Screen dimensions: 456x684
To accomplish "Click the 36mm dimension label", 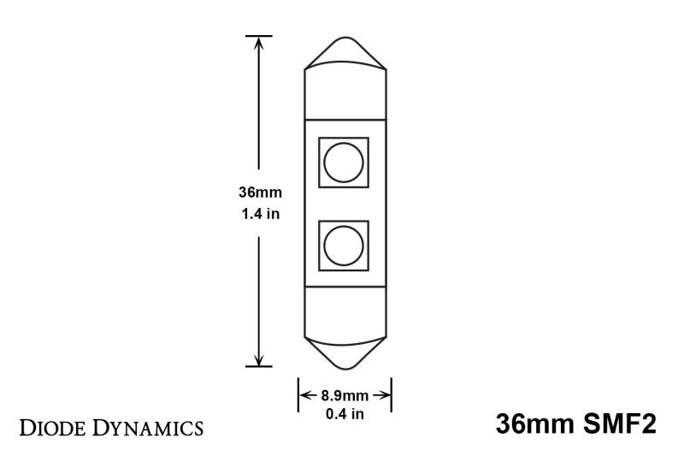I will tap(258, 193).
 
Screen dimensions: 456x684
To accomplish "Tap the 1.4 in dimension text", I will tap(258, 214).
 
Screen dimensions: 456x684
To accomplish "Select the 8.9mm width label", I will tap(345, 396).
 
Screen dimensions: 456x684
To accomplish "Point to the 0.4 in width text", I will tap(345, 415).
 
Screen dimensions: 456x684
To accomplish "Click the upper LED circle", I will tap(344, 162).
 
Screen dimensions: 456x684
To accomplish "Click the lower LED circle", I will tap(344, 246).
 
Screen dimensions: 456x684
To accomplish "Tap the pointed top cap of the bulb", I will tap(345, 53).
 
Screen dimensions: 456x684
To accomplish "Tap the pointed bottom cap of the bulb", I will tap(345, 350).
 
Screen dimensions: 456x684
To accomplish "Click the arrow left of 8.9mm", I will tap(305, 396).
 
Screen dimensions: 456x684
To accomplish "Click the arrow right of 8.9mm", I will tap(385, 396).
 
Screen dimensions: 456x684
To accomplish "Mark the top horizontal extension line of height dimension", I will tap(259, 36).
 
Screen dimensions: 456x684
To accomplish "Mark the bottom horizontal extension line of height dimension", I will tap(259, 366).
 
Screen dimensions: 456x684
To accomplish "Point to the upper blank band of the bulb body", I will tap(345, 93).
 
